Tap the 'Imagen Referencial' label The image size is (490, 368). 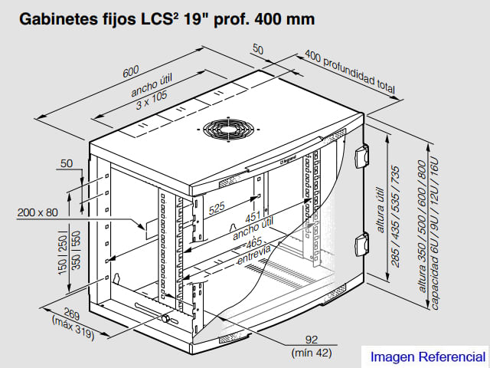pos(427,357)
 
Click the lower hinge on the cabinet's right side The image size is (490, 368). pos(362,248)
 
